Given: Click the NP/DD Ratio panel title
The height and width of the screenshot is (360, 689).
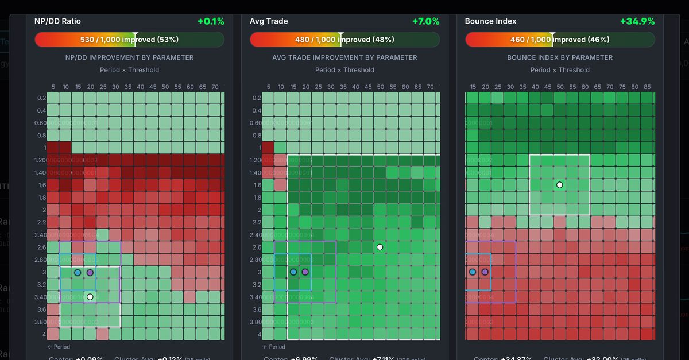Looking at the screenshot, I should (57, 21).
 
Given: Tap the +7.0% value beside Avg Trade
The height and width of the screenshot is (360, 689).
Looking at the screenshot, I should (425, 21).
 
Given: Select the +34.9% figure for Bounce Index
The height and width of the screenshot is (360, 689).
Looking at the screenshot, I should (637, 21).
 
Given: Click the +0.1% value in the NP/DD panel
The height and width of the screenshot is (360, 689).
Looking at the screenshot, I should (211, 21).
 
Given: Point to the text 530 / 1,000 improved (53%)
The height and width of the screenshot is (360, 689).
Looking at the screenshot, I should (129, 40).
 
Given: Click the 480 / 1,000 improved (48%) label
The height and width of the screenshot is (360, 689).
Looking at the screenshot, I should (344, 40).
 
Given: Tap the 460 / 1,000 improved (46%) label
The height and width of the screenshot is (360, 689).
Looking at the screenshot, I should (560, 40).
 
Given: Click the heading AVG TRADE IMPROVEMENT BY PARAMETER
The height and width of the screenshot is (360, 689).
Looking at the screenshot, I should (344, 57).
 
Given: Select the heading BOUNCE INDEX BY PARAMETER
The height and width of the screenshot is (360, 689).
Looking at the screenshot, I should (560, 57).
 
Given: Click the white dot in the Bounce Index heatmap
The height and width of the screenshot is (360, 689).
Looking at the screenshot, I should (559, 185).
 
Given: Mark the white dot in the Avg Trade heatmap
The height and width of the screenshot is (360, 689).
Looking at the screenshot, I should (380, 247).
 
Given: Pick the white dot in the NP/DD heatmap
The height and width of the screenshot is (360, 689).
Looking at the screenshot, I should (90, 297).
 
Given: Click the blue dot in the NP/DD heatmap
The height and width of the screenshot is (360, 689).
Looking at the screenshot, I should (78, 272).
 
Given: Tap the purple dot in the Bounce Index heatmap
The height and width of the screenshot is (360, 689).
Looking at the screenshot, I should (485, 272).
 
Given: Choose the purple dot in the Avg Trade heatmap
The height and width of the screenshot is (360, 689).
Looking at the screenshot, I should (305, 272).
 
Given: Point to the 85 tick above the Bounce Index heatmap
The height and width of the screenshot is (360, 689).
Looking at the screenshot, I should (647, 87).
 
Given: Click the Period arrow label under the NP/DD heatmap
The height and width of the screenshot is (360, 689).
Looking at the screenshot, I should (59, 347).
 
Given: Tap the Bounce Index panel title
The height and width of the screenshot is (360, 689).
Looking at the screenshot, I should (490, 21).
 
